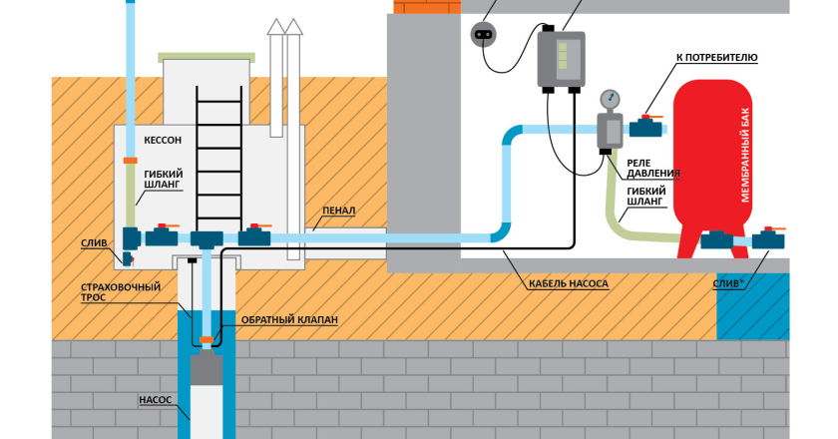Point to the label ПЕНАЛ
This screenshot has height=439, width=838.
coord(339,212)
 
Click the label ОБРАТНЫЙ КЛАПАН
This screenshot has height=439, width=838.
coord(290,319)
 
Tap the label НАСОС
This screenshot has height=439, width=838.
coord(156,399)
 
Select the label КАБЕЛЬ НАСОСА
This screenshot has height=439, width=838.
coord(569,283)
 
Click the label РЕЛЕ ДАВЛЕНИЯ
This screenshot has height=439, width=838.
coord(653,167)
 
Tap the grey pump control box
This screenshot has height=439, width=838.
coord(560,58)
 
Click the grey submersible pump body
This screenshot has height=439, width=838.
coord(208,373)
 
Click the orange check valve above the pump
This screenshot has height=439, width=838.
coord(207,340)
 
